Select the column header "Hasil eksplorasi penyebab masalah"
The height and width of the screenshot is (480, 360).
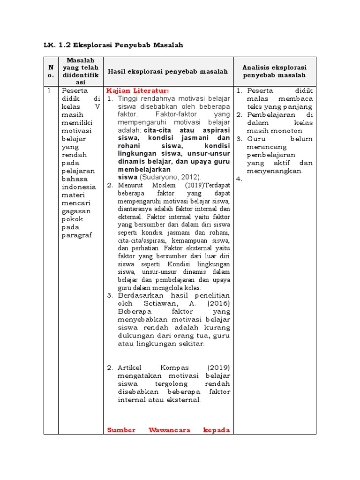(168, 71)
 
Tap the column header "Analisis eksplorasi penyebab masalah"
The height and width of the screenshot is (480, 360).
(275, 71)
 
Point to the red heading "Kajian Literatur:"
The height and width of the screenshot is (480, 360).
(137, 90)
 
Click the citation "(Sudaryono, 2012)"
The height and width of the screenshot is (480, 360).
(171, 177)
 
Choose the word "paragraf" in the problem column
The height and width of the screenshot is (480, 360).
(77, 235)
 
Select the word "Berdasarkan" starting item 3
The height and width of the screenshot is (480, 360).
(140, 296)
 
